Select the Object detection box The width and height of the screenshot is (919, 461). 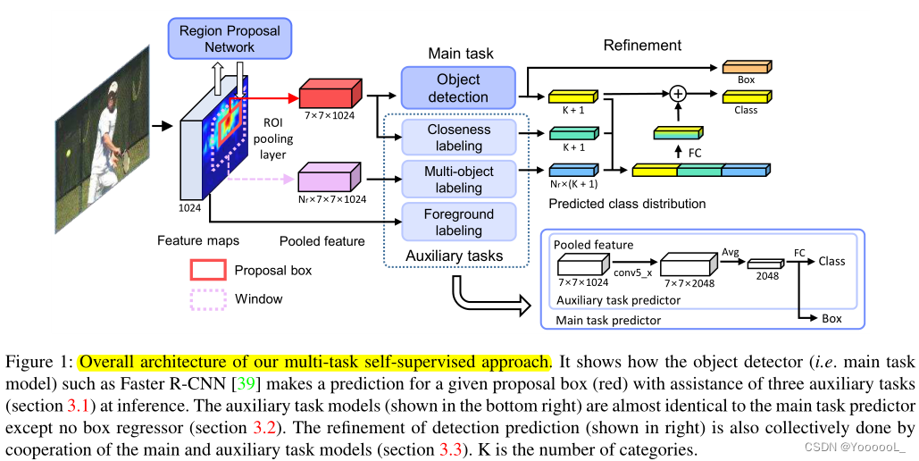pyautogui.click(x=458, y=88)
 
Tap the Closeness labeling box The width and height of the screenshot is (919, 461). pyautogui.click(x=458, y=138)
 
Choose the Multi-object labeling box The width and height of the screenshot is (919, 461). pyautogui.click(x=458, y=179)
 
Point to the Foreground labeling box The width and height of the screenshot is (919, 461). pyautogui.click(x=458, y=222)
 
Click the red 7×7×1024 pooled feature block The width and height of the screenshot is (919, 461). pyautogui.click(x=331, y=95)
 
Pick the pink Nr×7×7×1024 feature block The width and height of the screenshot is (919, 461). pyautogui.click(x=330, y=175)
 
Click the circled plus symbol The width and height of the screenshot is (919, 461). pyautogui.click(x=677, y=93)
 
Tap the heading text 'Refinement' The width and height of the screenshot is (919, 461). pyautogui.click(x=642, y=46)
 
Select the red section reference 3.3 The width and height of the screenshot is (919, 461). pyautogui.click(x=451, y=448)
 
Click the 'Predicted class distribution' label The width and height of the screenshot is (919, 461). pyautogui.click(x=627, y=204)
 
